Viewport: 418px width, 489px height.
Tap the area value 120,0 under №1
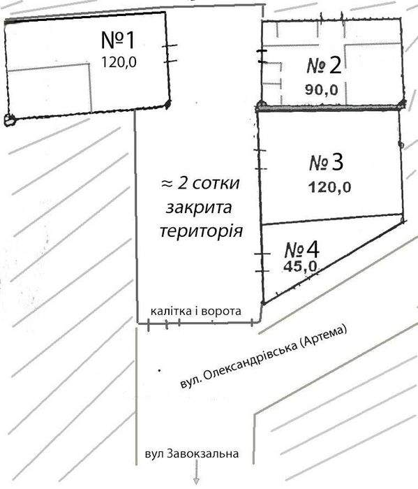119,62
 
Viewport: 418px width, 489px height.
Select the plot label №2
324,66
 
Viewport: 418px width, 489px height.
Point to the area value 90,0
322,89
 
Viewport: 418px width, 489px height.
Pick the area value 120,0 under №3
330,187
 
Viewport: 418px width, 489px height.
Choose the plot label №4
301,249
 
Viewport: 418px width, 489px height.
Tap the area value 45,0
301,266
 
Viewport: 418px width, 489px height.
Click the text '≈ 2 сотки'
200,184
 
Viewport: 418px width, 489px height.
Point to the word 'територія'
201,231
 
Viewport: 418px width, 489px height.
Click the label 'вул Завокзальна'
192,454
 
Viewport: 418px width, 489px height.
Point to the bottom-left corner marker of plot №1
8,119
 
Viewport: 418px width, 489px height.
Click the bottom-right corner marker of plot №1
167,105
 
